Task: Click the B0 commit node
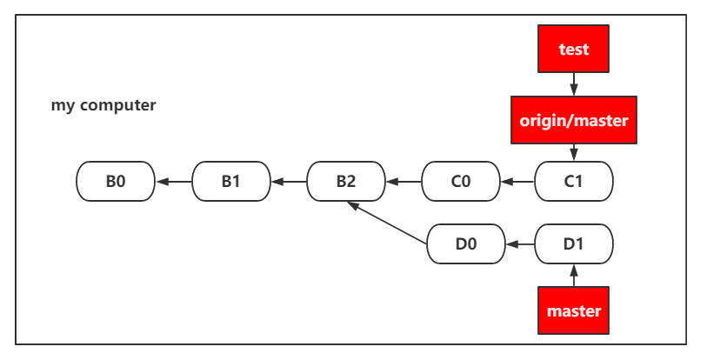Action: [116, 182]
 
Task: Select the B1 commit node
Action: [231, 182]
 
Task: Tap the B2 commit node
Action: [346, 182]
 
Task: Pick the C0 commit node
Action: [461, 182]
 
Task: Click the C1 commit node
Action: [574, 182]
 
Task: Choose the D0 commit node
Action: [466, 244]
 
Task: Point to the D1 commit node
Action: [574, 244]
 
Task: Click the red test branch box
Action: [574, 49]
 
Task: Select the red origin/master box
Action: [574, 120]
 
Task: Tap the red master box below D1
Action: [574, 310]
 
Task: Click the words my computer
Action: [103, 105]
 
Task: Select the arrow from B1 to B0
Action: [174, 182]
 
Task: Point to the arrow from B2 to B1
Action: [289, 182]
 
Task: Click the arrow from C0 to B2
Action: [404, 182]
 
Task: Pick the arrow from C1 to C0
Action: [517, 182]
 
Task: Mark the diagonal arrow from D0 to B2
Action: [387, 223]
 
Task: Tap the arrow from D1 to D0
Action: [520, 244]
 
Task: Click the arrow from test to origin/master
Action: [574, 83]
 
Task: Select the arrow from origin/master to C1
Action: [574, 152]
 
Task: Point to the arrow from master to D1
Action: [574, 275]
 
